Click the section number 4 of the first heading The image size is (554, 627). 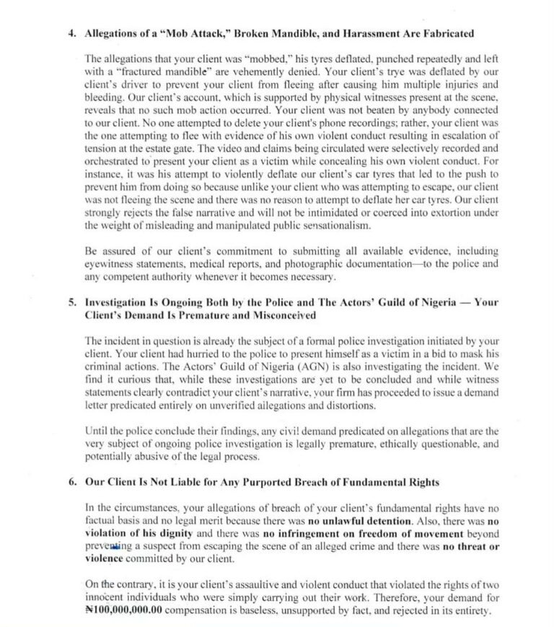[x=71, y=33]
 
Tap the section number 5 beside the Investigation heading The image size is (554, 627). [x=71, y=302]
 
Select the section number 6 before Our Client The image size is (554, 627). [x=71, y=482]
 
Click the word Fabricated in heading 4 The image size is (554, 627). [x=444, y=33]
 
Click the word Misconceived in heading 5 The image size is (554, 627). [x=281, y=315]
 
